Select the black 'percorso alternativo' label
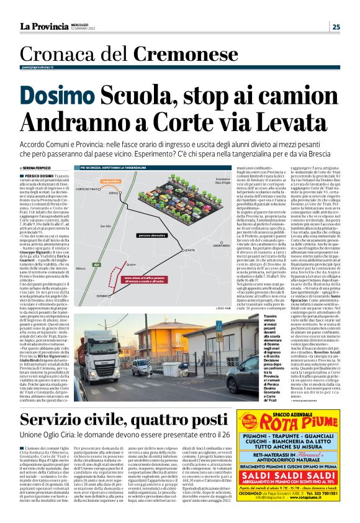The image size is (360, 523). (x=134, y=236)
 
